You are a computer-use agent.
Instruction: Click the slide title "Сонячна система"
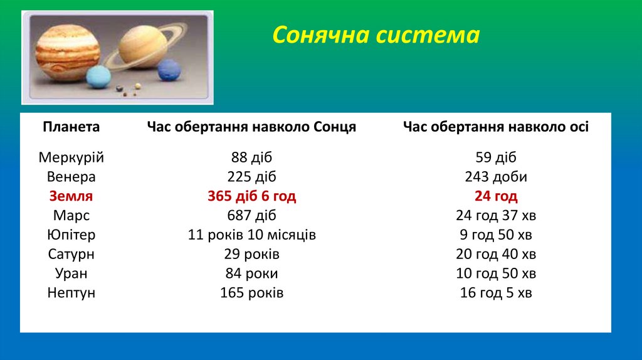click(376, 35)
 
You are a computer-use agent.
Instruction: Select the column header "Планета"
click(71, 127)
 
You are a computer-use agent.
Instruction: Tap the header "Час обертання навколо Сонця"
click(251, 127)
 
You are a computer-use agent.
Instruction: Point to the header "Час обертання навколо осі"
click(495, 127)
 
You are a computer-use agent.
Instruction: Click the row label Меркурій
click(71, 157)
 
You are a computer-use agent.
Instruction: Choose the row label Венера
click(71, 177)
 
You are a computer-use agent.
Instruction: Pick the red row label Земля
click(71, 196)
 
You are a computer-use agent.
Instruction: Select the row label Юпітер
click(71, 235)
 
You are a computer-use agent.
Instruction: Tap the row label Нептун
click(71, 293)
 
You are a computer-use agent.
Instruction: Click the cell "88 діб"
click(251, 157)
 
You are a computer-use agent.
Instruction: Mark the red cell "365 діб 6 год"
click(251, 196)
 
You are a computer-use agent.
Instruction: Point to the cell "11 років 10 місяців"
click(251, 235)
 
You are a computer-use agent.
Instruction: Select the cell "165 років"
click(251, 293)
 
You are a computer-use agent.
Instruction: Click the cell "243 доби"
click(495, 177)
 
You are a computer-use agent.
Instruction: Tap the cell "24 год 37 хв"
click(495, 216)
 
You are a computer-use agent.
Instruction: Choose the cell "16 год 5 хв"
click(495, 293)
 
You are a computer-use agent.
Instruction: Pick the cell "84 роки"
click(251, 274)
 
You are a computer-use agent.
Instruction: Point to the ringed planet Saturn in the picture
click(144, 45)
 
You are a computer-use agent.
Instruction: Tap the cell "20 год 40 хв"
click(495, 255)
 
